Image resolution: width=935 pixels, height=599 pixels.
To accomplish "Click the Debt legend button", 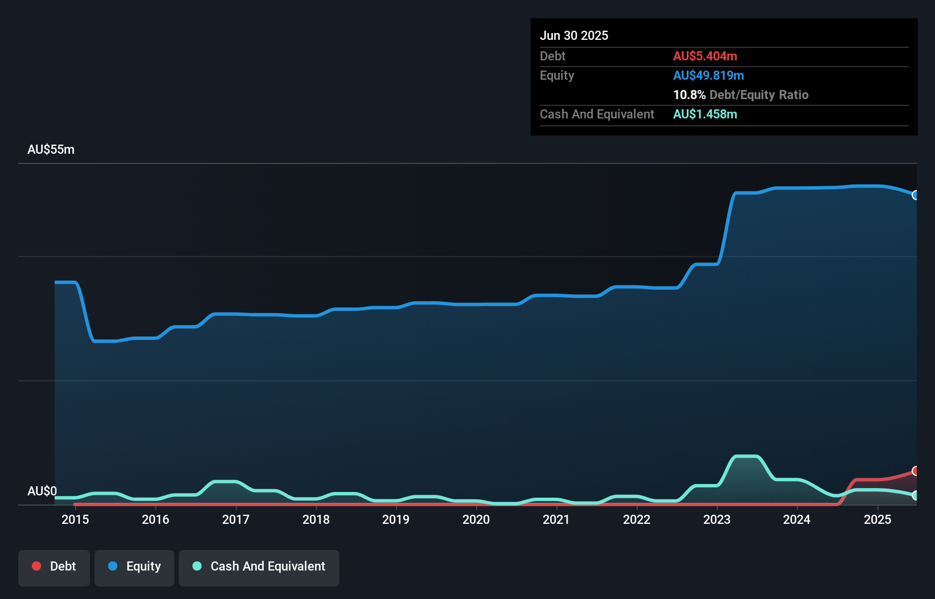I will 54,567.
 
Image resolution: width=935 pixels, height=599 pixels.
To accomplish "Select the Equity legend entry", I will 134,567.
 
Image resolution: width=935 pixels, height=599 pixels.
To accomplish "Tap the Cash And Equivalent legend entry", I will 259,567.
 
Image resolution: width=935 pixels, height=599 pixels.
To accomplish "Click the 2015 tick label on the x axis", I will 75,519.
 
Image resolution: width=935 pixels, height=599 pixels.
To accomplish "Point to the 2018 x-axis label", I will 316,519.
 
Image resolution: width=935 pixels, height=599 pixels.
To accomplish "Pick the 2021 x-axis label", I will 556,519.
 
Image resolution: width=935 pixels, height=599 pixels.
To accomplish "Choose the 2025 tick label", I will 877,519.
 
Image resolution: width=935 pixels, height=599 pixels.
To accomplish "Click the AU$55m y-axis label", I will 51,150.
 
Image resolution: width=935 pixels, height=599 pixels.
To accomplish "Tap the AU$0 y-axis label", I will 42,491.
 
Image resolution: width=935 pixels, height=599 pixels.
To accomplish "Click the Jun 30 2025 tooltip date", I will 574,36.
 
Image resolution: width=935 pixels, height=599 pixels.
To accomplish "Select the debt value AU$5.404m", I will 705,56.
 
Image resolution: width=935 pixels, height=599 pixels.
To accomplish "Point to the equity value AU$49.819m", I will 708,76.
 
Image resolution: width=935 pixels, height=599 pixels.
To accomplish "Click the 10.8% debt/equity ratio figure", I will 689,95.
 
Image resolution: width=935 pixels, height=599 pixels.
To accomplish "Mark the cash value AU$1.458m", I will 705,114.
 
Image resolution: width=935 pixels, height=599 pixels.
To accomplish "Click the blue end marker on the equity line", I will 915,195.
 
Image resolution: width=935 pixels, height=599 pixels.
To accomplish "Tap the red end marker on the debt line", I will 915,471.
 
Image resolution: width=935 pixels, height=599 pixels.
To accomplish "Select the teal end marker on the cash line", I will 915,495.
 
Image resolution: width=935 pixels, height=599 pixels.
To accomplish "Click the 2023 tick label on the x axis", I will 716,519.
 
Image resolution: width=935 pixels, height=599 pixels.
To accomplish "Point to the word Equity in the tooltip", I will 557,76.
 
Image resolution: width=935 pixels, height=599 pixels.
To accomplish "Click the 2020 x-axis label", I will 476,519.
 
